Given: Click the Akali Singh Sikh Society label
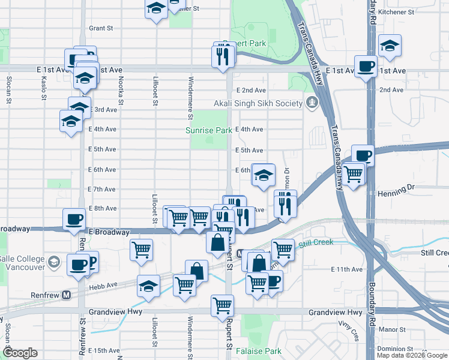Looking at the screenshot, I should tap(258, 103).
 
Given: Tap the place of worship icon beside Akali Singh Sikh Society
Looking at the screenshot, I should tap(311, 103).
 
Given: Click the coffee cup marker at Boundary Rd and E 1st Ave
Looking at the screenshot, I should tap(365, 67).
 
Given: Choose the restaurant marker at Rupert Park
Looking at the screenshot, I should tap(222, 56).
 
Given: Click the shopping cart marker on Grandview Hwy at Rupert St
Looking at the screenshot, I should tap(222, 305).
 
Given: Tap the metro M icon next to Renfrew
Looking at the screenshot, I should tap(67, 295).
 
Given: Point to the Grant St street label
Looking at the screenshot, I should tap(101, 28).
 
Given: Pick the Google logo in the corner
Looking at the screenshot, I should tap(20, 353).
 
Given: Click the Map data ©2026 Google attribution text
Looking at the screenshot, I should tap(412, 355).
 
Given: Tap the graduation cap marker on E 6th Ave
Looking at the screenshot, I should tap(263, 175).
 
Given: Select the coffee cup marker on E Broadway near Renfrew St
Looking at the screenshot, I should tap(74, 219).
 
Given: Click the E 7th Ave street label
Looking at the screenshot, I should tap(101, 189).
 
